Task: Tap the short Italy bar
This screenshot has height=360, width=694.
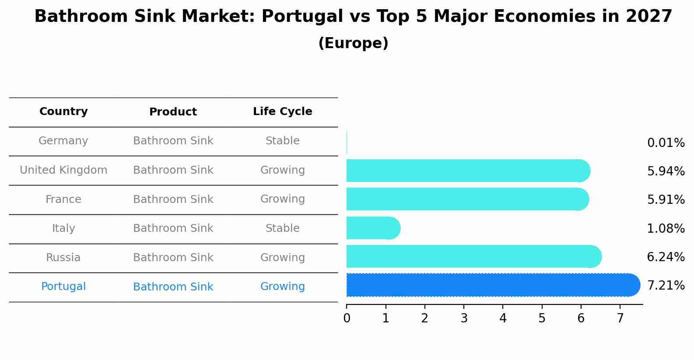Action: (x=372, y=228)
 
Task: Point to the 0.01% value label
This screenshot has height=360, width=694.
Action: (x=666, y=143)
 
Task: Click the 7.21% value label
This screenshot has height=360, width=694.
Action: (x=666, y=286)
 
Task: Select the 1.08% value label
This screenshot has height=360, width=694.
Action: (x=666, y=228)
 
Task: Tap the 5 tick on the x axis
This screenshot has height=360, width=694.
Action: (x=542, y=318)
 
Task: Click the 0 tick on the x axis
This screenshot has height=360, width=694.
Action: (x=347, y=318)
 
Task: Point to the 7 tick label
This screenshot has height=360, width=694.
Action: (x=620, y=318)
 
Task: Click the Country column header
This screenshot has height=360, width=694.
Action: (x=63, y=112)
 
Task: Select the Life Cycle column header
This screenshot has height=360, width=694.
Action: (x=282, y=112)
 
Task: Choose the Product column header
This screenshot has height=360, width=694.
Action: (x=173, y=112)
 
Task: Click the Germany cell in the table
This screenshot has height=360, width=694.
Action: (x=63, y=141)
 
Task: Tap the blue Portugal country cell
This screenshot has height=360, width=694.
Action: (x=63, y=287)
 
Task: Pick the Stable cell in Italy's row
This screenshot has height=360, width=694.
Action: (x=282, y=228)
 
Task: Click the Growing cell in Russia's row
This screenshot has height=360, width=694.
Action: (x=282, y=258)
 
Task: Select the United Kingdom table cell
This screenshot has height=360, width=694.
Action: (x=63, y=170)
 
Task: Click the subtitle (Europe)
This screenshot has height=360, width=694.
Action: (x=353, y=43)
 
